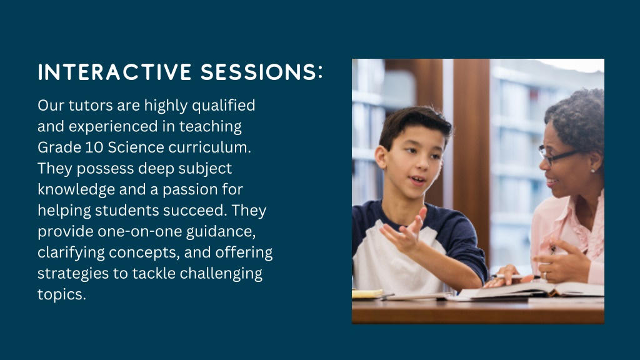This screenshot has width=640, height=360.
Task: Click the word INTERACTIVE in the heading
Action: tap(115, 72)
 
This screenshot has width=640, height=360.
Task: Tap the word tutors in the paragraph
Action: tap(91, 105)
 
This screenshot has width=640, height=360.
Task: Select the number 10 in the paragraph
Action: tap(94, 147)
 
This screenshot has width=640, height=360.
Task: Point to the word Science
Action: tap(136, 147)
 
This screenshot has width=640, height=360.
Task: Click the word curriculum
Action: tap(210, 147)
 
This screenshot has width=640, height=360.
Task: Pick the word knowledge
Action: tap(76, 189)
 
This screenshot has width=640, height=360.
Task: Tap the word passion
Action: tap(190, 189)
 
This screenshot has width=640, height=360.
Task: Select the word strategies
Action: tap(73, 274)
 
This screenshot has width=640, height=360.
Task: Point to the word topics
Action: tap(62, 295)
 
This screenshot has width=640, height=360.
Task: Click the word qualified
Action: tap(223, 105)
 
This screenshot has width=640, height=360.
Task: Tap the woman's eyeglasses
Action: tap(557, 156)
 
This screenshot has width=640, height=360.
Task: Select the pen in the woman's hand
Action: tap(515, 276)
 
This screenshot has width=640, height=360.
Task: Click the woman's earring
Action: tap(592, 170)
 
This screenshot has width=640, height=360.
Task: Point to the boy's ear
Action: tap(381, 157)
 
